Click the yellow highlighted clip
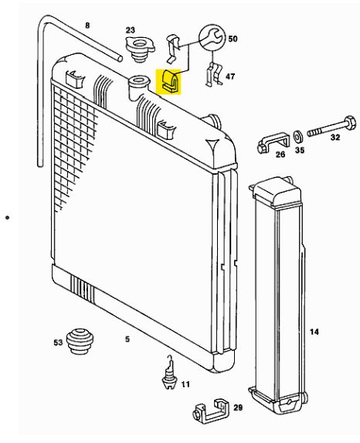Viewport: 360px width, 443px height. point(171,82)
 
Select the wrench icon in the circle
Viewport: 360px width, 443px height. point(212,38)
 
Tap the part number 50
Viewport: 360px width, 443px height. point(233,39)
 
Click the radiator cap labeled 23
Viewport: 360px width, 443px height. point(140,49)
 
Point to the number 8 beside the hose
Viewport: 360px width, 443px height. point(87,26)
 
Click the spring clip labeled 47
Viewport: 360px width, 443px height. point(214,74)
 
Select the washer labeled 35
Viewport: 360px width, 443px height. point(297,137)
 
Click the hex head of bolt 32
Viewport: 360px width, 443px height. point(350,123)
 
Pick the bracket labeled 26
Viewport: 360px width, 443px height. point(273,144)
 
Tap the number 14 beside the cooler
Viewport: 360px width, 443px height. point(314,332)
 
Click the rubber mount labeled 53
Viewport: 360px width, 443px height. point(80,341)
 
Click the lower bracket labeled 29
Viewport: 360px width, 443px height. point(212,411)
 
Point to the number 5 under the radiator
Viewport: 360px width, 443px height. point(127,339)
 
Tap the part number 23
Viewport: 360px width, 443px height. point(130,29)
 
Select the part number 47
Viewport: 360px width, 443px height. point(230,77)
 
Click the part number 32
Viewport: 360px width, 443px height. point(335,138)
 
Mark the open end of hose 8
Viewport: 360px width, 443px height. point(121,59)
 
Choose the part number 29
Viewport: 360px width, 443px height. point(238,407)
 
